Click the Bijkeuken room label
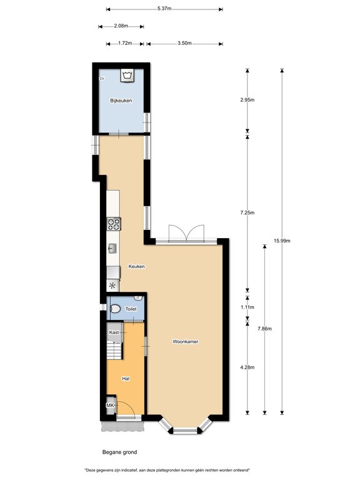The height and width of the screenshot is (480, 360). pyautogui.click(x=121, y=101)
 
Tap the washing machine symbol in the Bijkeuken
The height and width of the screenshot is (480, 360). pyautogui.click(x=127, y=75)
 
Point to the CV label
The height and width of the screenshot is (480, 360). pyautogui.click(x=102, y=79)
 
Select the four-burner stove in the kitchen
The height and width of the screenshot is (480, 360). pyautogui.click(x=114, y=224)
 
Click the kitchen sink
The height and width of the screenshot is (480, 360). pyautogui.click(x=112, y=248)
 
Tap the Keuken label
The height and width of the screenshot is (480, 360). pyautogui.click(x=136, y=266)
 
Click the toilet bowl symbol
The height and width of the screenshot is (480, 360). pyautogui.click(x=115, y=309)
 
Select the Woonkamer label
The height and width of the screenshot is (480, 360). pyautogui.click(x=186, y=341)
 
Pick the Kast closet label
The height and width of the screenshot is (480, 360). pyautogui.click(x=114, y=332)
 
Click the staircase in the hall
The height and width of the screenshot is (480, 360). pyautogui.click(x=114, y=351)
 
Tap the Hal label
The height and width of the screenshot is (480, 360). pyautogui.click(x=126, y=379)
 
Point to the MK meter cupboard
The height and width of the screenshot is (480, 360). pyautogui.click(x=110, y=405)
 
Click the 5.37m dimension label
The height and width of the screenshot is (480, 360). pyautogui.click(x=164, y=9)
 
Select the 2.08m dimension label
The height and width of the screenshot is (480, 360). pyautogui.click(x=121, y=26)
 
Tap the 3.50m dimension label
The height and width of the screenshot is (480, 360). pyautogui.click(x=184, y=43)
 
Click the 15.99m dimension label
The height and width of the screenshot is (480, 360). pyautogui.click(x=282, y=241)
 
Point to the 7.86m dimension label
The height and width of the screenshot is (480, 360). pyautogui.click(x=265, y=329)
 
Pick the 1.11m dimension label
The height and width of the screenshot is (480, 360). pyautogui.click(x=247, y=307)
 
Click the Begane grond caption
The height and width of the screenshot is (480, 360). pyautogui.click(x=120, y=452)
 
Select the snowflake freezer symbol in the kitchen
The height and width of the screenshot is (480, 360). pyautogui.click(x=112, y=286)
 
